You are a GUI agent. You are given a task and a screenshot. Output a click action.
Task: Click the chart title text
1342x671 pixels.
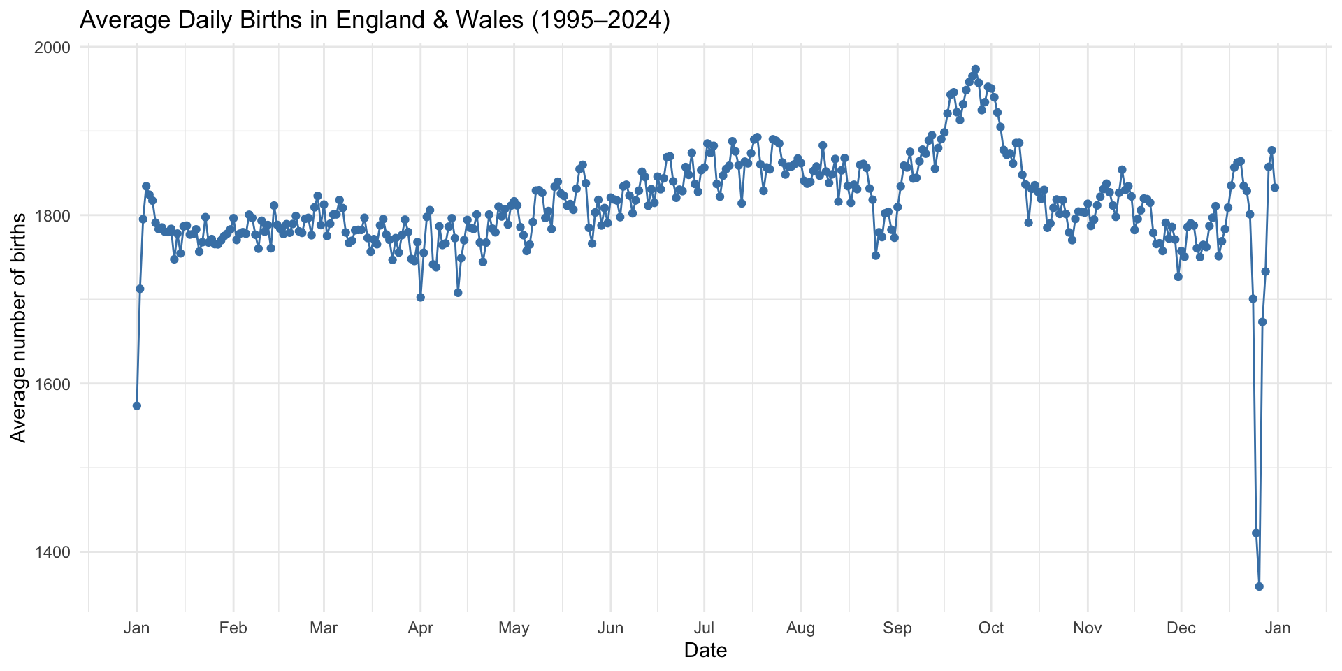(375, 20)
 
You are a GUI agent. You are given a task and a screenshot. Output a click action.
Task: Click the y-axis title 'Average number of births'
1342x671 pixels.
(19, 328)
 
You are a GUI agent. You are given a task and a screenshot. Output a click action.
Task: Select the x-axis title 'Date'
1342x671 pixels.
(705, 651)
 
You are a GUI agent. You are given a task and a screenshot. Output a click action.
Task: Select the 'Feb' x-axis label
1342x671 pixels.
(233, 628)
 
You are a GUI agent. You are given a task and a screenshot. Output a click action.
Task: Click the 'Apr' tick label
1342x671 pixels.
(420, 628)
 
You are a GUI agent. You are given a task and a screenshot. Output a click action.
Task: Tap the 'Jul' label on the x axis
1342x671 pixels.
(704, 628)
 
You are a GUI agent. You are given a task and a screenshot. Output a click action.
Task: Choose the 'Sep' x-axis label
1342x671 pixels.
(897, 628)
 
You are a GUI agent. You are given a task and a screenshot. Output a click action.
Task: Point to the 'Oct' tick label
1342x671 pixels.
(991, 628)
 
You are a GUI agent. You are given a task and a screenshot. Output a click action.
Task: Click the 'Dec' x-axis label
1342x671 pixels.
(1181, 628)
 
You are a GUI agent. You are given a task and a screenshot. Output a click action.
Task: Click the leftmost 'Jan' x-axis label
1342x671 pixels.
(136, 628)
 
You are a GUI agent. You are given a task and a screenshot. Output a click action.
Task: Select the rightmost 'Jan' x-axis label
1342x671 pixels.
(1278, 628)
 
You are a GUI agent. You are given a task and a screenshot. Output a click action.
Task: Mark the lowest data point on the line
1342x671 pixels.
(1260, 586)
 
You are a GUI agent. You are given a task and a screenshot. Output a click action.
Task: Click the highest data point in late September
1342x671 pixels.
(976, 69)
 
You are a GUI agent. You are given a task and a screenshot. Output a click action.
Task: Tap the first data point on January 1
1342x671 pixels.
(137, 406)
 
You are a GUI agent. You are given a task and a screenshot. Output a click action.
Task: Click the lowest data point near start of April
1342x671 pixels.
(421, 297)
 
